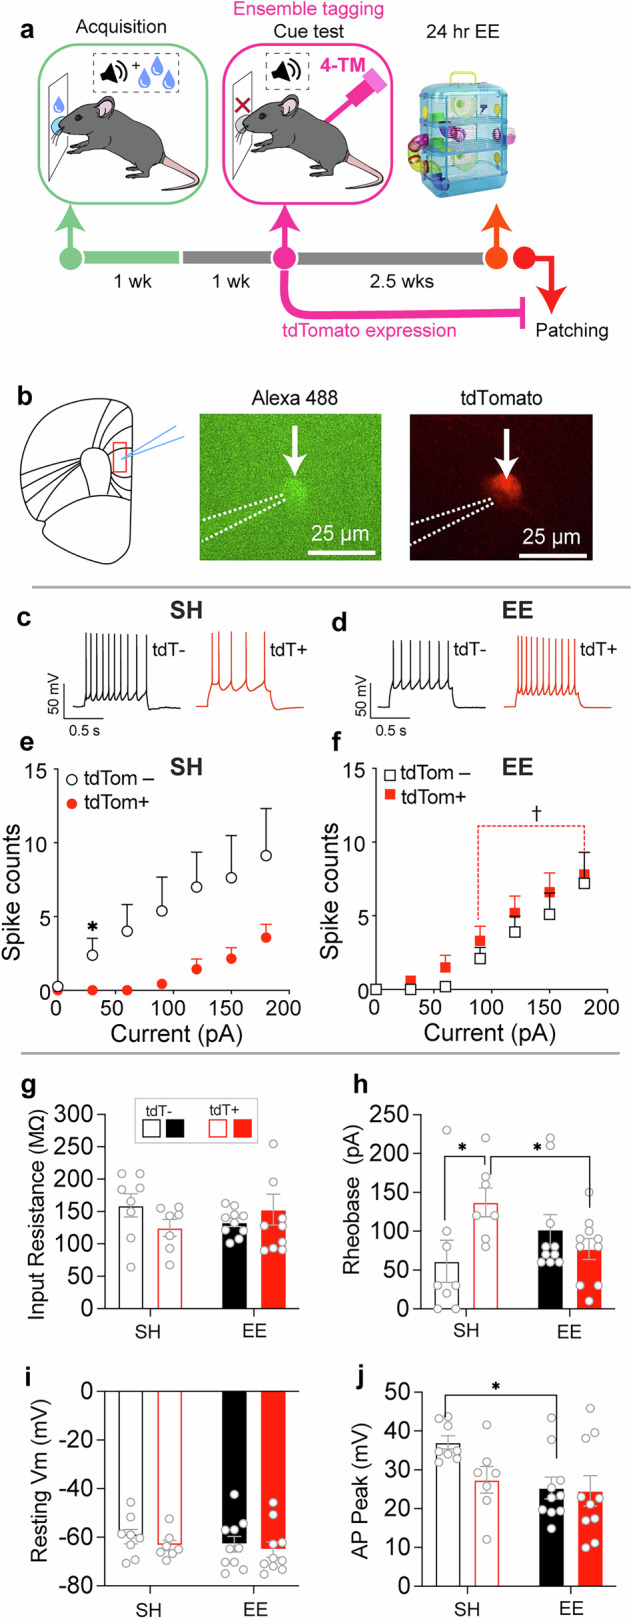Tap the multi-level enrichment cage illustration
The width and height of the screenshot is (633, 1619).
pyautogui.click(x=463, y=130)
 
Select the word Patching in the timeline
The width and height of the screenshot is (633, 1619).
pyautogui.click(x=571, y=329)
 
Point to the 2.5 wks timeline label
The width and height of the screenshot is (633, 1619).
pyautogui.click(x=402, y=282)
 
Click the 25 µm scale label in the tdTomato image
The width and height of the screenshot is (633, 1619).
pyautogui.click(x=550, y=537)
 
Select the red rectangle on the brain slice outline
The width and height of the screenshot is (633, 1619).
pyautogui.click(x=120, y=457)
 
